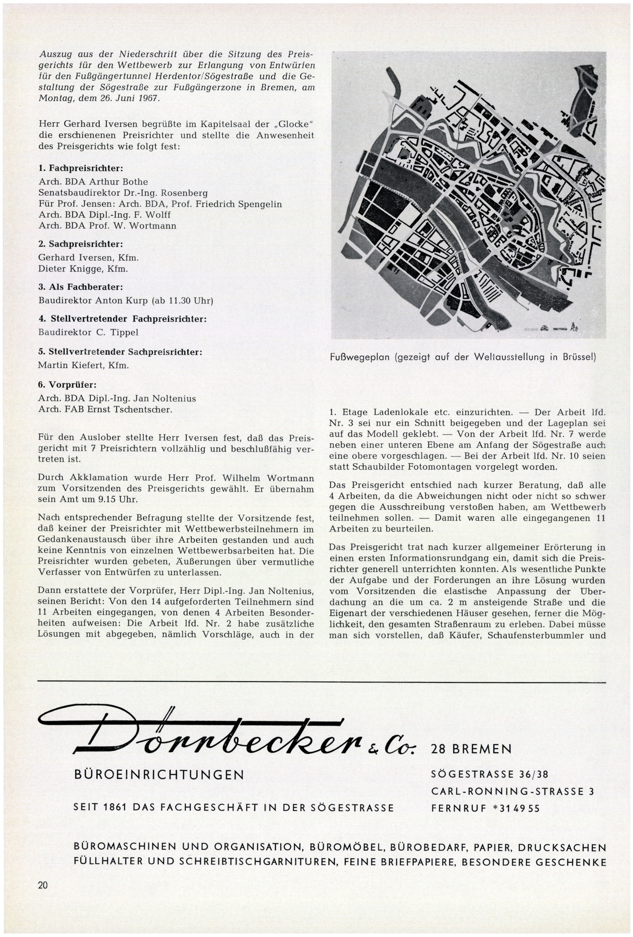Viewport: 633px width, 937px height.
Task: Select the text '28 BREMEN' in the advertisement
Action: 471,750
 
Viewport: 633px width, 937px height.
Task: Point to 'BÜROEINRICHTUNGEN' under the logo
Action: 159,774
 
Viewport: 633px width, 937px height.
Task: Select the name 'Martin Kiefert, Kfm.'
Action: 83,366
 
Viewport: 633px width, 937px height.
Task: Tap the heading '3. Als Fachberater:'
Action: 81,287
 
